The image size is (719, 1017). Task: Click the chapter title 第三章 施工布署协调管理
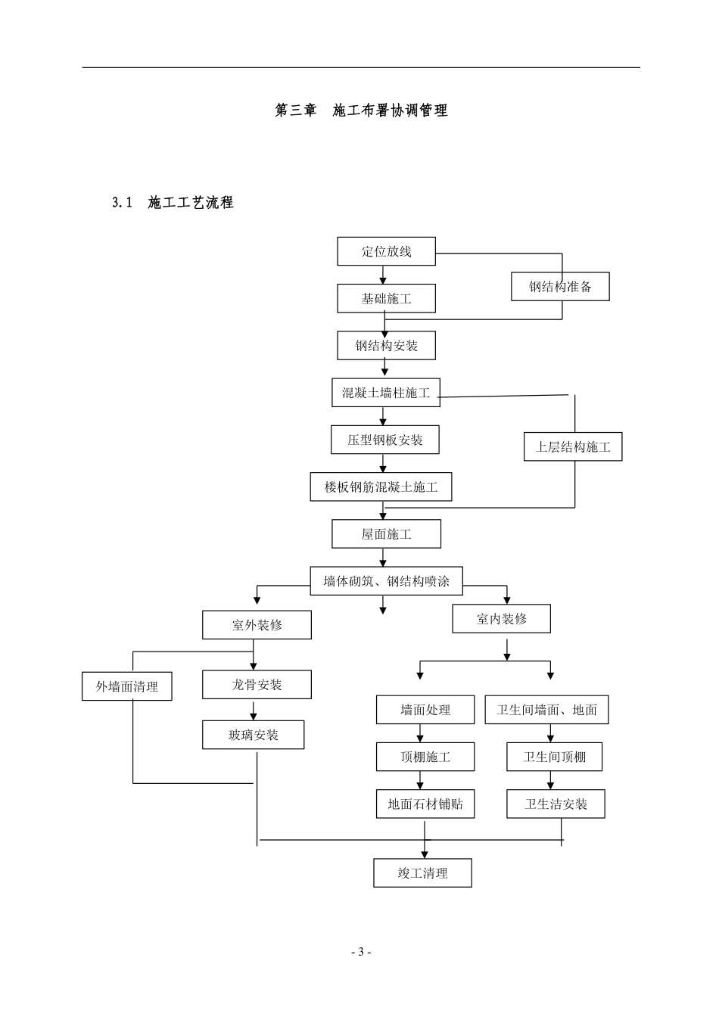(x=361, y=110)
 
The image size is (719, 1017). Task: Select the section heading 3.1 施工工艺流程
(x=173, y=203)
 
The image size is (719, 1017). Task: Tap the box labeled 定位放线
(x=386, y=251)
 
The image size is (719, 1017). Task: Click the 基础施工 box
(x=386, y=298)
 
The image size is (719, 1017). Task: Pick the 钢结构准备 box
(x=560, y=287)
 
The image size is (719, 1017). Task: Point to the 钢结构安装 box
(x=386, y=346)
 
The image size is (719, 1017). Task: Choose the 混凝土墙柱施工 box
(x=386, y=392)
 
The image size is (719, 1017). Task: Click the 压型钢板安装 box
(x=384, y=440)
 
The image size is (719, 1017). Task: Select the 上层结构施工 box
(x=573, y=446)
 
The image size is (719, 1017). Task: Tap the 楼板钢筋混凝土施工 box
(x=381, y=487)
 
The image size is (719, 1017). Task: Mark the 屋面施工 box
(x=386, y=534)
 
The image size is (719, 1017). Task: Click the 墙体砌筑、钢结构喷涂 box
(x=386, y=580)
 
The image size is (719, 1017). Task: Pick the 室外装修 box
(x=257, y=625)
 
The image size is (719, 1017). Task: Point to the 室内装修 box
(x=501, y=618)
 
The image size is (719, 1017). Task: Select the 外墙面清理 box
(x=126, y=686)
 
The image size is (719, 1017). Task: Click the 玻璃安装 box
(x=253, y=735)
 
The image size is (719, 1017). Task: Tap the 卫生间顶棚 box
(x=554, y=757)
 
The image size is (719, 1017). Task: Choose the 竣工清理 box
(x=422, y=872)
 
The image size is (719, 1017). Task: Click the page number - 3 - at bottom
(x=361, y=952)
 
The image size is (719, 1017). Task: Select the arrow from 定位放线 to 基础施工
(x=383, y=275)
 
